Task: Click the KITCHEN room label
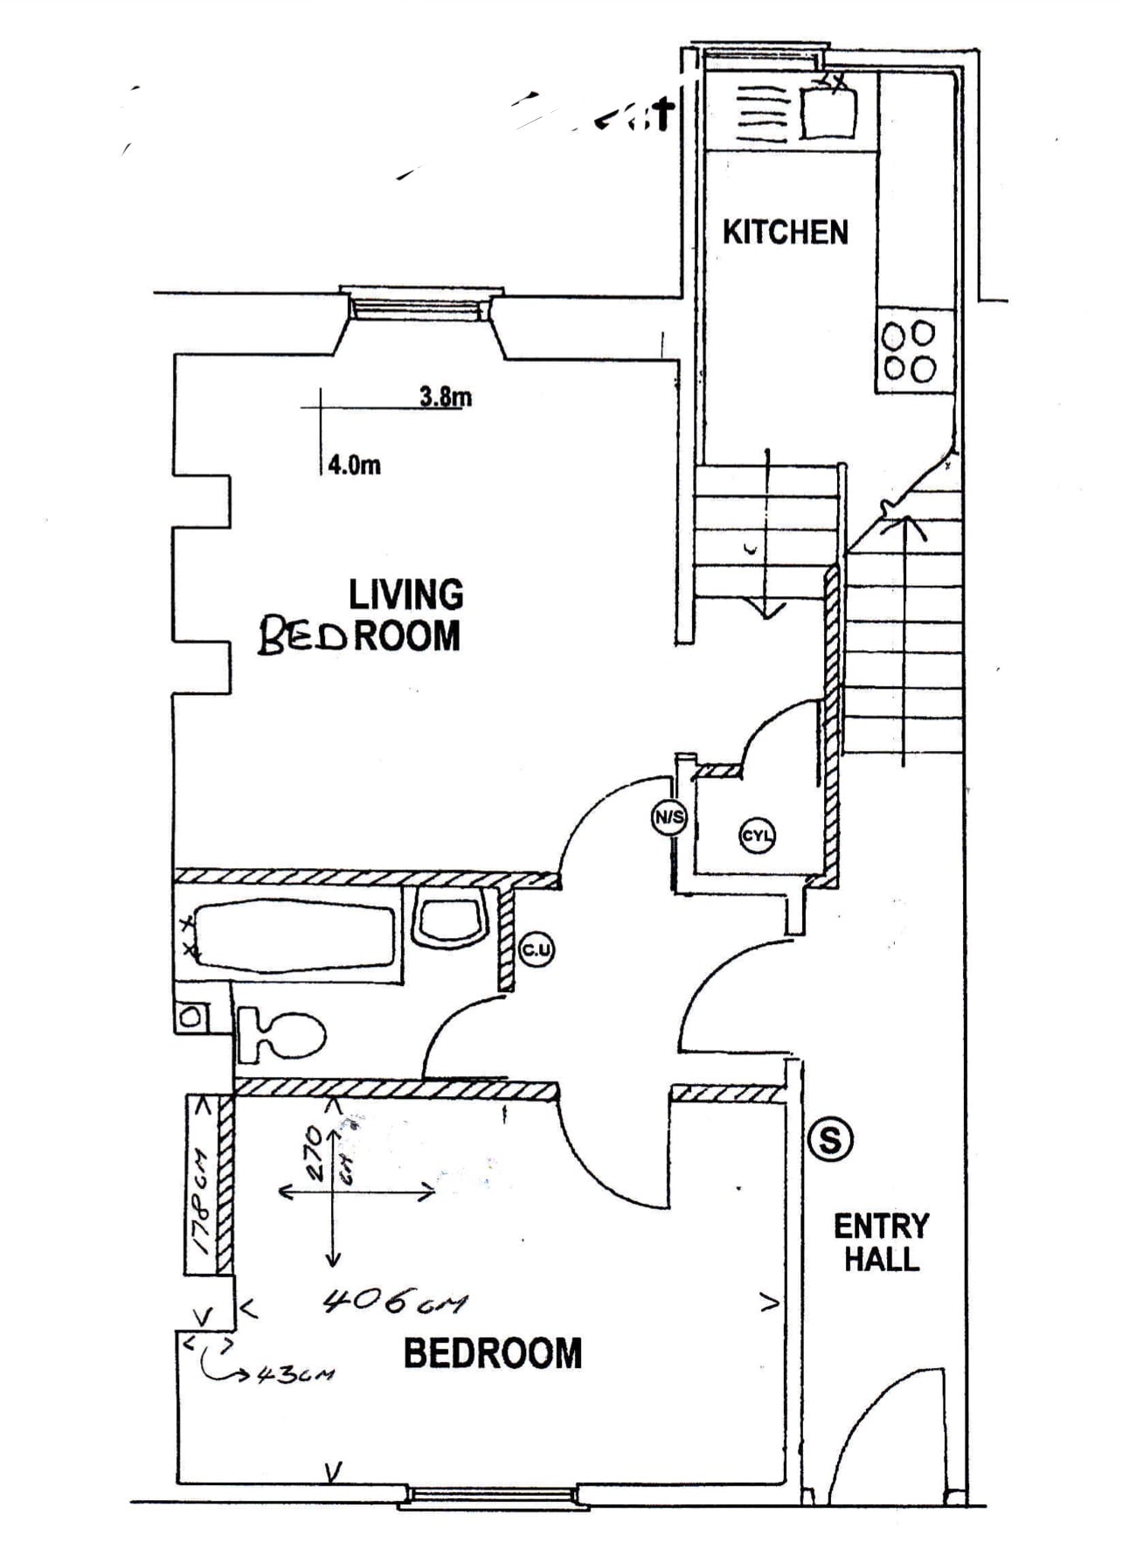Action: [x=785, y=232]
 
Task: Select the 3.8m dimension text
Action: [x=446, y=397]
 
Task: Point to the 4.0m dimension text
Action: [x=354, y=464]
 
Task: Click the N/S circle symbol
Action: [x=669, y=818]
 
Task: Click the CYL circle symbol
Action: [x=757, y=835]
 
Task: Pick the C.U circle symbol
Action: [x=536, y=950]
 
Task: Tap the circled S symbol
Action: [x=829, y=1140]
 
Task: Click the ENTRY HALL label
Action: [x=881, y=1242]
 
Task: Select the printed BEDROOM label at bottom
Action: [x=492, y=1354]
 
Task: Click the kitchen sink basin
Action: [x=828, y=112]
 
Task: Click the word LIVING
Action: [x=406, y=594]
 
